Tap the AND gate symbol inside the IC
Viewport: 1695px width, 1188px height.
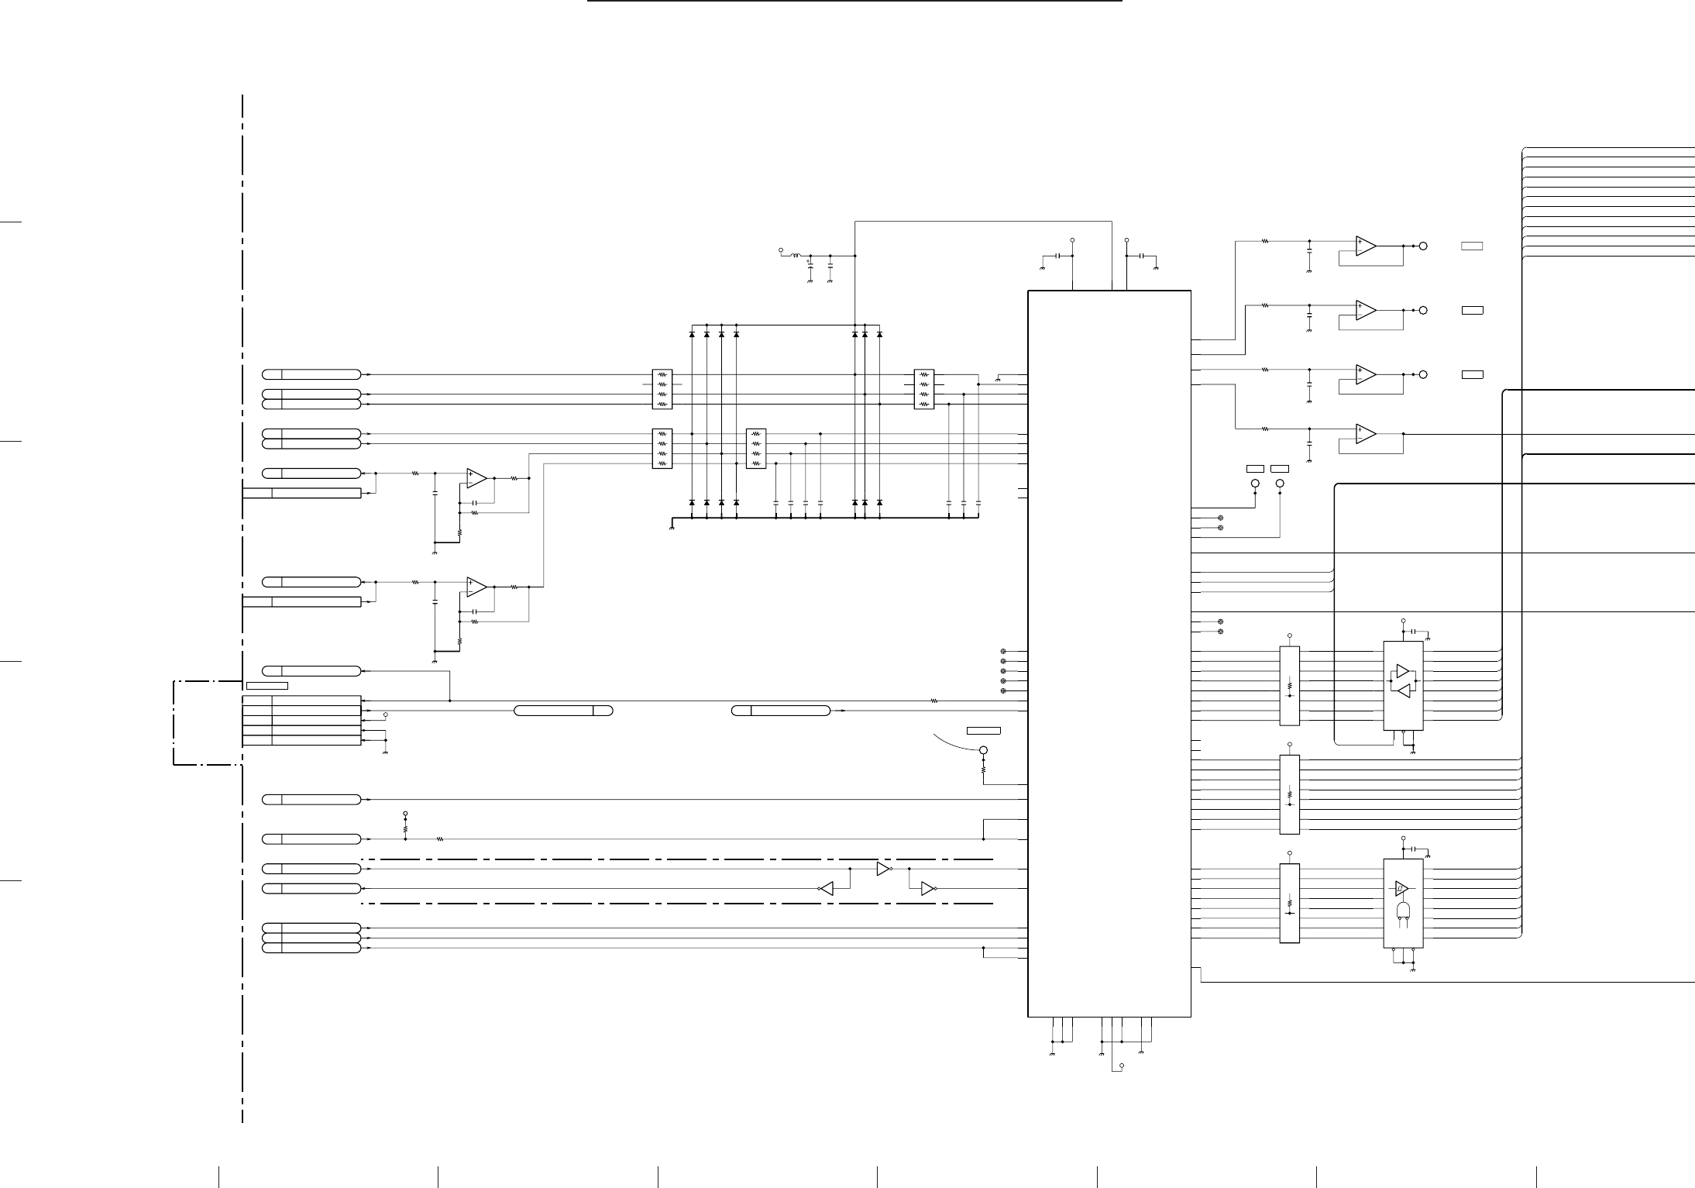(1402, 910)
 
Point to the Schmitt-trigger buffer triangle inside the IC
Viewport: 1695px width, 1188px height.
(1402, 888)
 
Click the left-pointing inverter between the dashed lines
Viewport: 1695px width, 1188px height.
(827, 889)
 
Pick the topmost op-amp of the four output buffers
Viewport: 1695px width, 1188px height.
(1366, 246)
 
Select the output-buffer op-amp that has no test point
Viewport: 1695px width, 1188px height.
(1366, 434)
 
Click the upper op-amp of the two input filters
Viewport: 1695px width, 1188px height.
(476, 478)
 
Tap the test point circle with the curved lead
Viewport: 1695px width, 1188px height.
(984, 750)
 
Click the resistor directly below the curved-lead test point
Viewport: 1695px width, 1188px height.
(984, 770)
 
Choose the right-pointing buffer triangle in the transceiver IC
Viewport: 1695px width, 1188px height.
(1402, 670)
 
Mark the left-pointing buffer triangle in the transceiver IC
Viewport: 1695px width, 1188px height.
(1402, 695)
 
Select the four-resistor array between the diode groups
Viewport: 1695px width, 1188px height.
(755, 449)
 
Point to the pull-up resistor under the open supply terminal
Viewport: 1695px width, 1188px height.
(405, 828)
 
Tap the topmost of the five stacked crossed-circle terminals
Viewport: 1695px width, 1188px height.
(1004, 652)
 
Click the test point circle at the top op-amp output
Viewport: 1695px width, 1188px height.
(1423, 246)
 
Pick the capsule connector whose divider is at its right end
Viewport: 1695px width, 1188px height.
(564, 711)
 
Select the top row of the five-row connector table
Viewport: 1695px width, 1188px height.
(301, 701)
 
